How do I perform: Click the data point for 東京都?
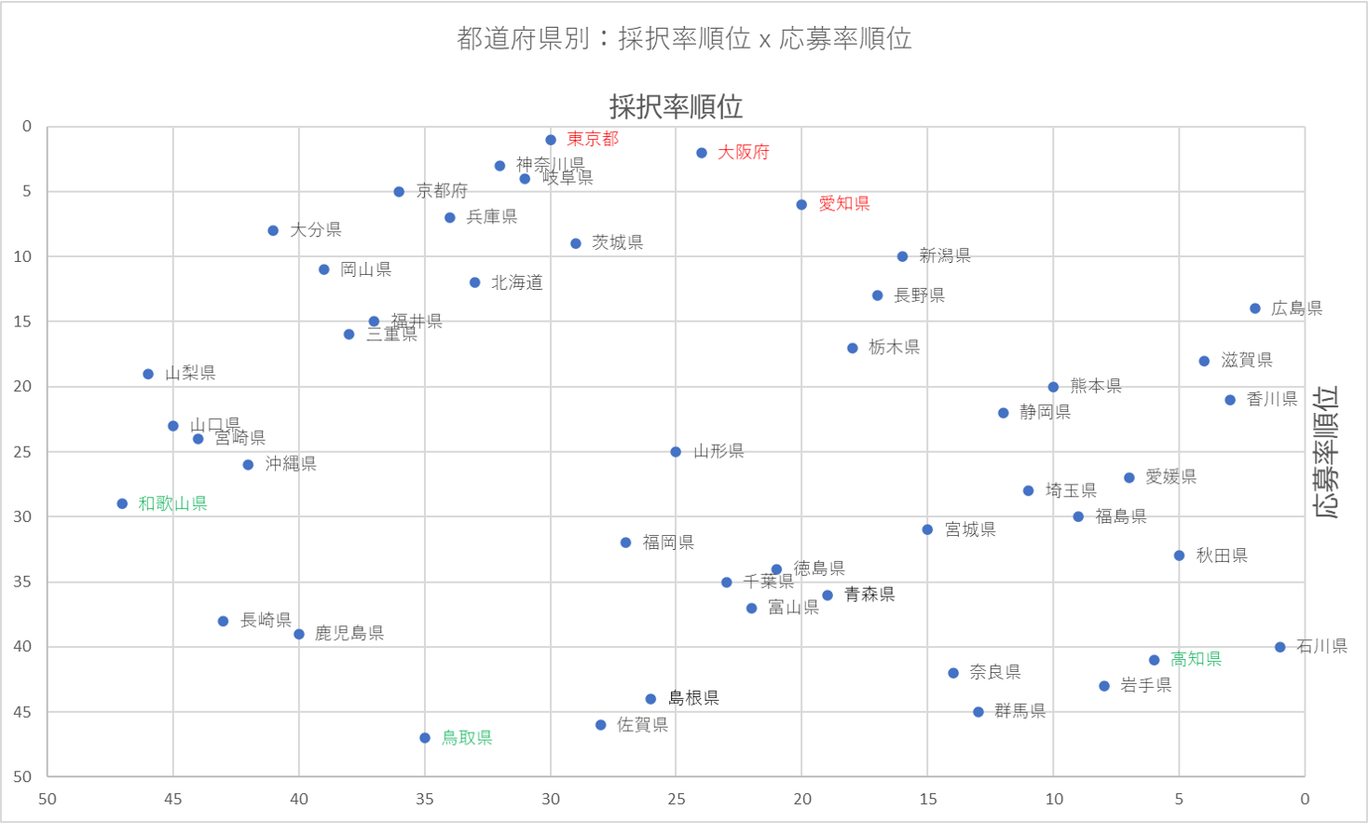(x=551, y=140)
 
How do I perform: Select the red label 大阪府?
(x=743, y=152)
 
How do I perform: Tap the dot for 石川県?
(x=1280, y=647)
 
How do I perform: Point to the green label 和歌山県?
(x=172, y=503)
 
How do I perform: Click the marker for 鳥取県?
(x=425, y=738)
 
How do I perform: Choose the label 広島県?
(x=1296, y=309)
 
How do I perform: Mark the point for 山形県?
(x=676, y=452)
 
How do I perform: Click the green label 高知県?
(x=1196, y=659)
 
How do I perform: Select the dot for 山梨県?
(x=148, y=375)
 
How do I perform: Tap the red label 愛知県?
(x=843, y=203)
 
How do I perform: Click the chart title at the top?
(x=684, y=38)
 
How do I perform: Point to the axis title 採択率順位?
(x=676, y=106)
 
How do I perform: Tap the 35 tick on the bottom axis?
(x=425, y=799)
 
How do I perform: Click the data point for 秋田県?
(x=1179, y=556)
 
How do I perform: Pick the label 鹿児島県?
(x=349, y=634)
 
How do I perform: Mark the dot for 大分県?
(x=273, y=230)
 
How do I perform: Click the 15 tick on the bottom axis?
(x=928, y=799)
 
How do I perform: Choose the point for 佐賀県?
(x=601, y=725)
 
